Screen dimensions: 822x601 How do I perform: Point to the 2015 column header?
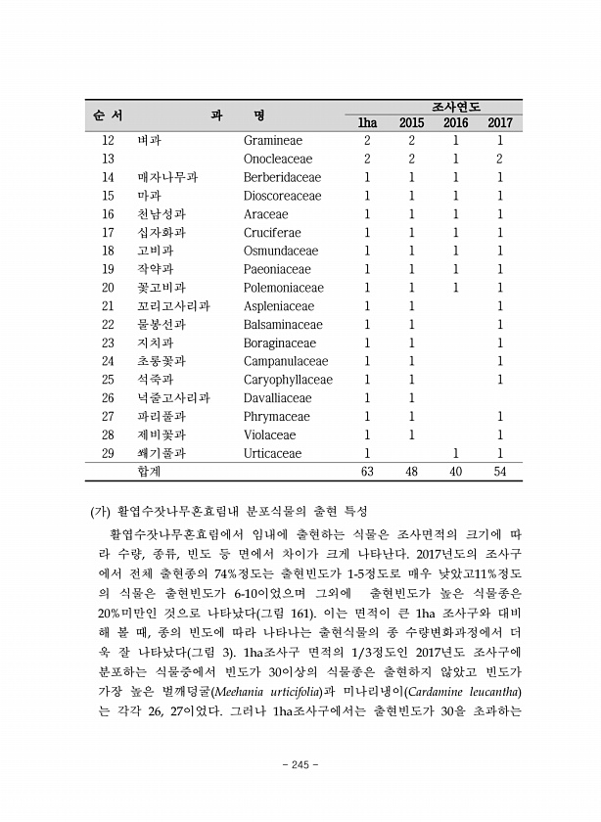coord(412,123)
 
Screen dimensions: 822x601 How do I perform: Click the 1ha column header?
coord(367,123)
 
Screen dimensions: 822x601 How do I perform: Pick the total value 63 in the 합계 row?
coord(367,472)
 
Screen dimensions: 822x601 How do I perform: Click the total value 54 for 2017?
coord(500,472)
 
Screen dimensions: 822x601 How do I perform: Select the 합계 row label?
coord(150,472)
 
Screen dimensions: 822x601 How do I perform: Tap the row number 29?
coord(108,453)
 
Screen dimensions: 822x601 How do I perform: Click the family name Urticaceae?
coord(278,453)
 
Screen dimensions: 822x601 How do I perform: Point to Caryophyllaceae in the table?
coord(288,380)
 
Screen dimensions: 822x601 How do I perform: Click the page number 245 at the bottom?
coord(300,764)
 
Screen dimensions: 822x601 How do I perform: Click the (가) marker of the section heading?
coord(100,511)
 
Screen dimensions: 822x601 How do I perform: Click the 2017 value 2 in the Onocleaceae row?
coord(500,160)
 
